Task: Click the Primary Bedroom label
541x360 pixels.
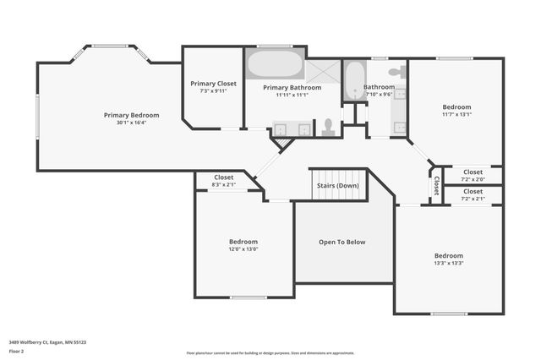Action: point(131,115)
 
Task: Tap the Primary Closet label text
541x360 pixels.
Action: point(213,84)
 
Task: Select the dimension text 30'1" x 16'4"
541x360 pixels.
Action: point(131,123)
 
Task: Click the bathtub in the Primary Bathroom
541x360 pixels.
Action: point(275,65)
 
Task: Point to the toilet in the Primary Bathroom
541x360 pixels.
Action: point(328,127)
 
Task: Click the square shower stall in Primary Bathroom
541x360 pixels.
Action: point(322,70)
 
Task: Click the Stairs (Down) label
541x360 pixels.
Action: point(337,185)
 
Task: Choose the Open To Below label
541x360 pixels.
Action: point(342,243)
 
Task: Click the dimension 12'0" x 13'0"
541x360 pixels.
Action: point(243,249)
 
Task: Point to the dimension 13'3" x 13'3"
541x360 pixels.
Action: point(449,264)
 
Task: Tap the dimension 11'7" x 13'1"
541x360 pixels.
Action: point(456,115)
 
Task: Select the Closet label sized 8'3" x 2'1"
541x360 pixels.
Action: point(224,177)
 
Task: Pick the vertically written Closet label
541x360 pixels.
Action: point(436,184)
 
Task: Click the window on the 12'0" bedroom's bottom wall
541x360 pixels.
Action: point(249,297)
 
